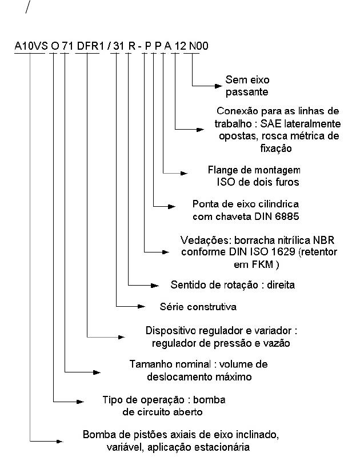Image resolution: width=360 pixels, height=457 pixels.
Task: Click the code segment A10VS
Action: [x=31, y=46]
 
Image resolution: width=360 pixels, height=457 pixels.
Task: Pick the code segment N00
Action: [x=198, y=46]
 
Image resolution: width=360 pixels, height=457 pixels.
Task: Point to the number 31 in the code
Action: [x=118, y=46]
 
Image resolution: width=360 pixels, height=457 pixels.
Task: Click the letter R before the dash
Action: [x=131, y=46]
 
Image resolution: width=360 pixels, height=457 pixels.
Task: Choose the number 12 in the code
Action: [x=180, y=46]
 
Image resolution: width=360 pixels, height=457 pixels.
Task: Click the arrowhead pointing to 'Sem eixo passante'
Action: [x=218, y=86]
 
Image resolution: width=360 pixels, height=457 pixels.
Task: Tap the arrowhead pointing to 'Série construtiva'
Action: [x=141, y=306]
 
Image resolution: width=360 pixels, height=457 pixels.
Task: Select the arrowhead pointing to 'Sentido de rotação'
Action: [x=155, y=285]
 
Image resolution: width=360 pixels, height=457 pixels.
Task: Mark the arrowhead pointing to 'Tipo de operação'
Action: [x=80, y=402]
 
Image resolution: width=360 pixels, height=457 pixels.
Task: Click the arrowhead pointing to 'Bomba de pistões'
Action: [x=59, y=441]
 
